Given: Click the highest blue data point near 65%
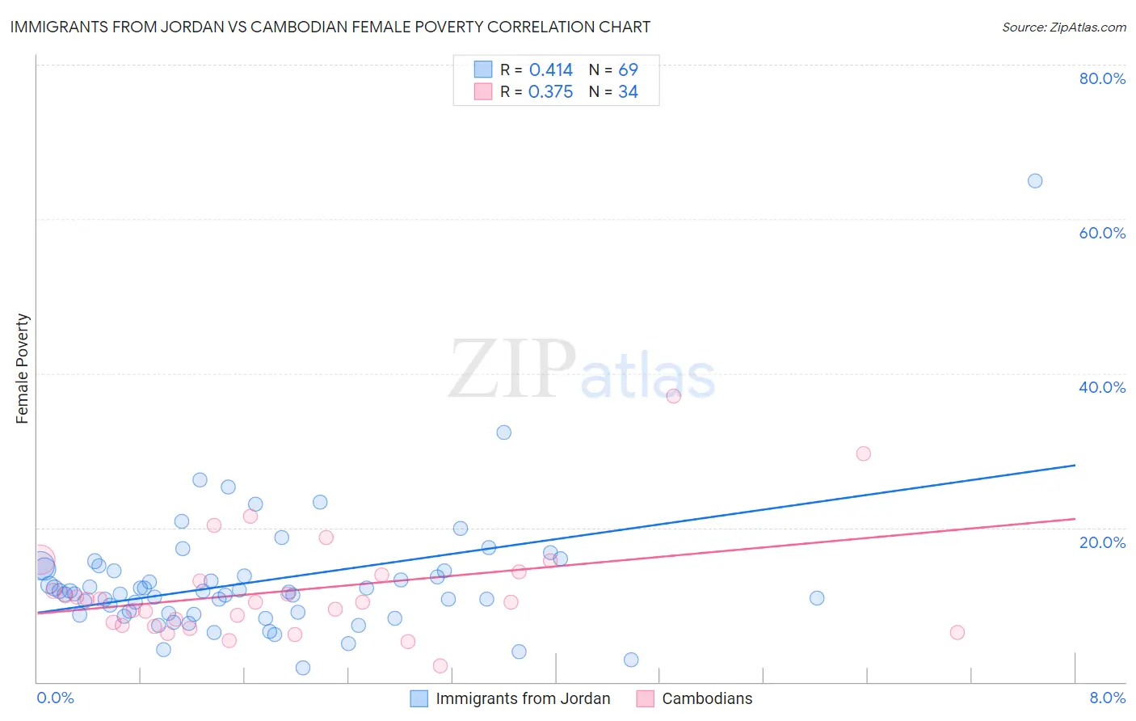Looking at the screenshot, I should point(1035,181).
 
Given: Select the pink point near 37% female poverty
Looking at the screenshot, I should point(674,396).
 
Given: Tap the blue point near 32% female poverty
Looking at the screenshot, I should point(504,432).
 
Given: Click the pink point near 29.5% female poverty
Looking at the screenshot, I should point(864,453).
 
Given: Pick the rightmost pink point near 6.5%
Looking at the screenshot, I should point(957,633).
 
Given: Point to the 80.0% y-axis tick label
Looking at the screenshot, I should point(1102,78).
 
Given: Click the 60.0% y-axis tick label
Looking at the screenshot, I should point(1102,233).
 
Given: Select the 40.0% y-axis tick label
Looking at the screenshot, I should point(1102,387).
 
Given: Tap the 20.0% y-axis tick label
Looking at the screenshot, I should point(1102,542).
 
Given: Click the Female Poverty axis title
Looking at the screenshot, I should point(23,369).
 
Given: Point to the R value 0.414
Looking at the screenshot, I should point(551,70).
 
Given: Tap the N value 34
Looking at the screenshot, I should point(628,92).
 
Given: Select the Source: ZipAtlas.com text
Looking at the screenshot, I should point(1063,27).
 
